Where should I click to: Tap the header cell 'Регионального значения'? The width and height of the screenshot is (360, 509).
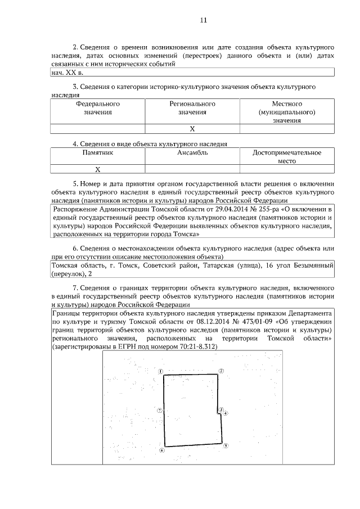tap(192, 108)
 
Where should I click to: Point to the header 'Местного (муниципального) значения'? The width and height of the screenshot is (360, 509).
tap(287, 112)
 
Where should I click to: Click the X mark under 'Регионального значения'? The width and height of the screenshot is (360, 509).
tap(192, 129)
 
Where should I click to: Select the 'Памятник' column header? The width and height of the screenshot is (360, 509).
tap(97, 152)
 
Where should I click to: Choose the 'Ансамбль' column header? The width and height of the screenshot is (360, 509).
tap(192, 152)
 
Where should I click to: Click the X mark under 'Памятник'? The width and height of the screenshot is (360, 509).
tap(97, 169)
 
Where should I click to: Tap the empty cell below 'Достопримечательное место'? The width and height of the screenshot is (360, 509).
tap(287, 169)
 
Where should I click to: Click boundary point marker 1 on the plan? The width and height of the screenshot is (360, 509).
tap(161, 372)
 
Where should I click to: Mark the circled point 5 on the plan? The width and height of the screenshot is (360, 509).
tap(225, 446)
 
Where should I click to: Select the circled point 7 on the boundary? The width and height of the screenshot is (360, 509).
tap(160, 411)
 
